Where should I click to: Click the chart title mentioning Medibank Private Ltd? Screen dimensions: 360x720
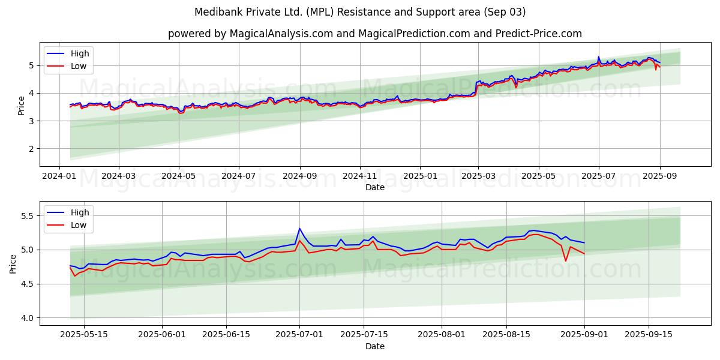360,12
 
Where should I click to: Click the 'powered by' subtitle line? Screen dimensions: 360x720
374,34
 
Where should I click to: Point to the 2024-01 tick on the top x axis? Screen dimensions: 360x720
59,177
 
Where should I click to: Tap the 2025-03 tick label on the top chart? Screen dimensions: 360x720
478,177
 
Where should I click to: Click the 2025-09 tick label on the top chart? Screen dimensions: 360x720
659,177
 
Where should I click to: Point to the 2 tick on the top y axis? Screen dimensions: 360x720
31,149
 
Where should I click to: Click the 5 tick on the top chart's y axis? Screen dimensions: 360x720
31,65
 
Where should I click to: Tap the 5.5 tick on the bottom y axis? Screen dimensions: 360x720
26,215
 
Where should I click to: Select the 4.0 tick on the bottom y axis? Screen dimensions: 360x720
26,317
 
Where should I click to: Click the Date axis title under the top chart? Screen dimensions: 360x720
374,187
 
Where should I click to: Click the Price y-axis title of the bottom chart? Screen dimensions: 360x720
13,263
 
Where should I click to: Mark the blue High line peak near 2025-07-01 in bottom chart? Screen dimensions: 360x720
299,229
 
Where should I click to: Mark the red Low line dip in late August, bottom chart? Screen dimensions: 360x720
566,260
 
